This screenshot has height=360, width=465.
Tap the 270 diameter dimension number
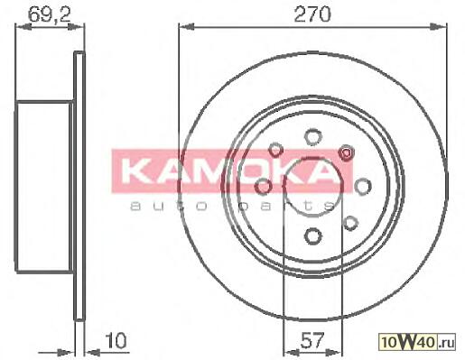[x=312, y=14]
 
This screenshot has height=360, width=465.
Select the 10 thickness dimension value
[x=116, y=340]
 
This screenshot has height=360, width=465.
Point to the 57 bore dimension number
[x=313, y=340]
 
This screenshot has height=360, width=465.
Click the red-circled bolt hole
[x=346, y=152]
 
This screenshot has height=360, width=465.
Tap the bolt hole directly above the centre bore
[x=313, y=137]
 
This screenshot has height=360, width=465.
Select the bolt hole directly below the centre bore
[x=313, y=235]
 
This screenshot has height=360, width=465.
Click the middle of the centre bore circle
[x=313, y=186]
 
